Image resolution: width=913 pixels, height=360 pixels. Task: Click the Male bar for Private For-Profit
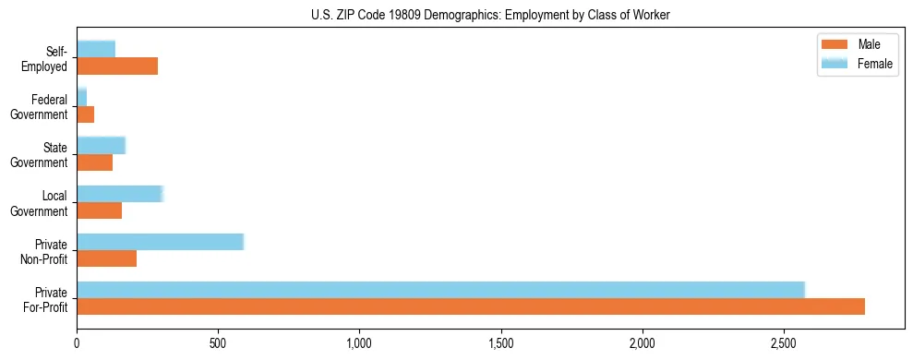pos(471,306)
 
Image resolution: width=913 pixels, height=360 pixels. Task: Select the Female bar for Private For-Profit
pos(440,290)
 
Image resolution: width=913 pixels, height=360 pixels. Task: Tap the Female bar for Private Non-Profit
pos(160,242)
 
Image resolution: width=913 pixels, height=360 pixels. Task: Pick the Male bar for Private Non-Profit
pos(106,258)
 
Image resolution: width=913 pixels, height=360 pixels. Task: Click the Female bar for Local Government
pos(120,194)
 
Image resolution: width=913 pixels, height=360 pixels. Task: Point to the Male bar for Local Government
pos(99,210)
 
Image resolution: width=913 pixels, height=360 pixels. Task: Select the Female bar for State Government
pos(101,145)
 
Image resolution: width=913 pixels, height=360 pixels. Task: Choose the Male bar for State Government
pos(94,162)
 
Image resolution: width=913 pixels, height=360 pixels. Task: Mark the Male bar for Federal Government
pos(85,114)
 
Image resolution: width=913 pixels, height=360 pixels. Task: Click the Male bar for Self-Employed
pos(117,66)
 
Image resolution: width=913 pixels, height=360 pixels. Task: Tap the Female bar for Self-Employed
pos(96,49)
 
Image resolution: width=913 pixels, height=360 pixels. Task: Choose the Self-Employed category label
pos(49,58)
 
